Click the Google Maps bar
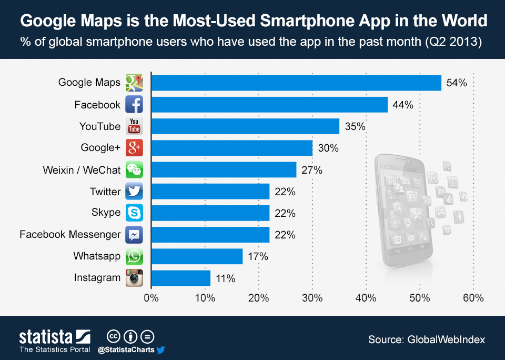296,83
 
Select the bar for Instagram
181,278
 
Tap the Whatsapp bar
197,256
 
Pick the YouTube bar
245,126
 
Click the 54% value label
456,83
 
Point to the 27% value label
311,170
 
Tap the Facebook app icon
134,105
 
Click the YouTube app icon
134,126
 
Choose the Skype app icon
134,213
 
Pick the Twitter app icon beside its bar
134,192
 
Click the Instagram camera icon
134,278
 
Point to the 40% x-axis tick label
366,298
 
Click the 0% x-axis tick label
151,298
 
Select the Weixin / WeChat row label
82,170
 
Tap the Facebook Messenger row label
70,235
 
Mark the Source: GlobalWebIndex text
426,340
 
